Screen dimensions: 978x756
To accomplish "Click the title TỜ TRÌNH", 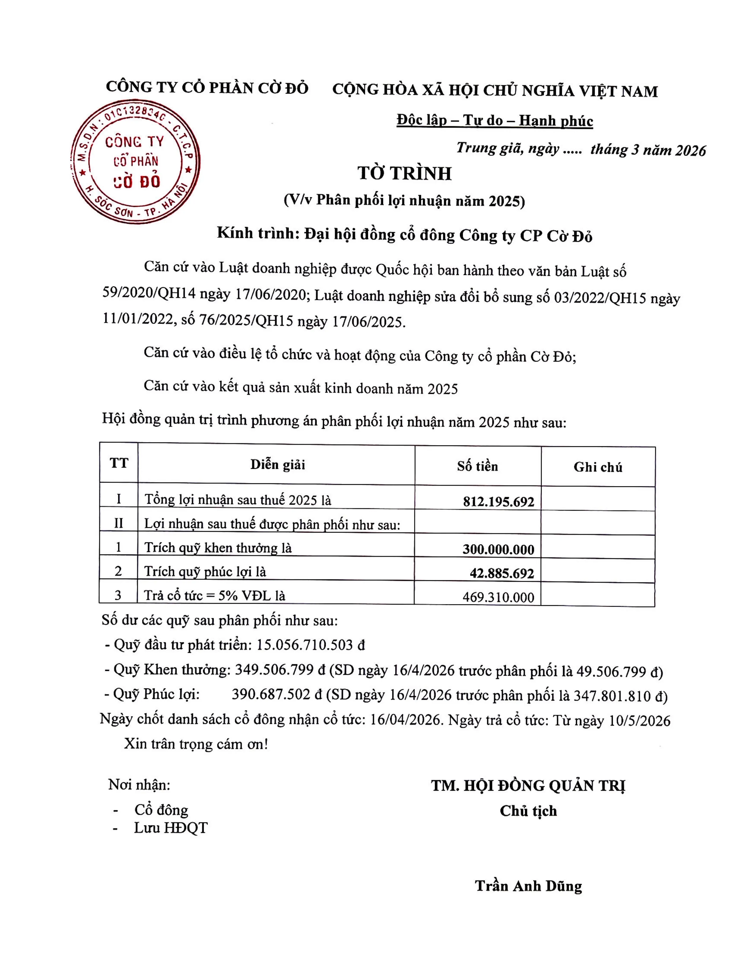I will pyautogui.click(x=404, y=174).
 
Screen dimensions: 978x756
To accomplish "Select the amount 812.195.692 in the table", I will pyautogui.click(x=498, y=501).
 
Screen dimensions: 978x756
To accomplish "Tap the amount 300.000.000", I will pyautogui.click(x=498, y=549).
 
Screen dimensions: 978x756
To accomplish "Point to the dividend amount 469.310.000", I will pyautogui.click(x=498, y=597).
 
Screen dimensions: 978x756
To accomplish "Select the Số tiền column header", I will pyautogui.click(x=477, y=466).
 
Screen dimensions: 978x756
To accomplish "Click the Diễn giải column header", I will pyautogui.click(x=278, y=464).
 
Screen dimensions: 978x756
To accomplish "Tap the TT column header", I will pyautogui.click(x=119, y=463).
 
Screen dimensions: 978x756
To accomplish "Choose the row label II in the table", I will pyautogui.click(x=118, y=522).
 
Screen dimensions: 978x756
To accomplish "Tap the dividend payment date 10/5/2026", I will pyautogui.click(x=640, y=720).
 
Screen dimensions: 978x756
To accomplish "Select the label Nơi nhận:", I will pyautogui.click(x=139, y=784).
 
